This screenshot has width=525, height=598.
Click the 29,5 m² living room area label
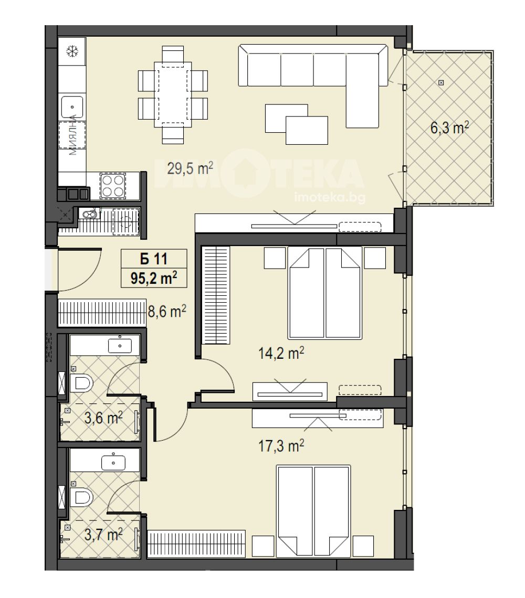[190, 168]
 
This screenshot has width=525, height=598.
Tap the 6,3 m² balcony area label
[449, 128]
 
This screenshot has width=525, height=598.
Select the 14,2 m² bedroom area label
[281, 353]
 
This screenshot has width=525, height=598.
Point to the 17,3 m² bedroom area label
[281, 445]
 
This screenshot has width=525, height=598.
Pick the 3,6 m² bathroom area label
[103, 418]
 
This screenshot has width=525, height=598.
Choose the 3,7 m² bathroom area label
[103, 535]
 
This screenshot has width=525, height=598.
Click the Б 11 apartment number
[154, 259]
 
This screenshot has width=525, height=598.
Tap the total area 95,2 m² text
[154, 278]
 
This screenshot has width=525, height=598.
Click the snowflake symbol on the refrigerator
[72, 51]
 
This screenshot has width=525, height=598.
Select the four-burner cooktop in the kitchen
[113, 186]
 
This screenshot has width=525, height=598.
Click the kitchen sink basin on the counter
[72, 107]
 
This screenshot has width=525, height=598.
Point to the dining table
[173, 94]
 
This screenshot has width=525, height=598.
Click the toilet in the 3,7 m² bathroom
[81, 497]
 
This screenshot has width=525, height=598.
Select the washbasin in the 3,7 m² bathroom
[113, 463]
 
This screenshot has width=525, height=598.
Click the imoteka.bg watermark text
[330, 197]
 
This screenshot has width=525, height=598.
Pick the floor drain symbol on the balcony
[441, 82]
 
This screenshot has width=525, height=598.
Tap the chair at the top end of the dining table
[173, 54]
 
